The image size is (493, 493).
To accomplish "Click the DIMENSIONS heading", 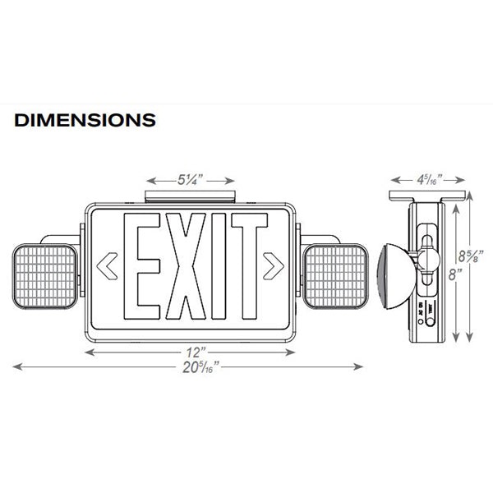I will coord(85,120).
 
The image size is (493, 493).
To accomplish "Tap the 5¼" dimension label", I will coord(190,179).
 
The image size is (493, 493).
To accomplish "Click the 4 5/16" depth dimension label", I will coord(427,178).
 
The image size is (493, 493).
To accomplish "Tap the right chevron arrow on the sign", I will coord(273,265).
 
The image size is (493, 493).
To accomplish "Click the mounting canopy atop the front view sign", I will coord(191,197).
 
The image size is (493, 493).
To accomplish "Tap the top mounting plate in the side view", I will coord(427,197).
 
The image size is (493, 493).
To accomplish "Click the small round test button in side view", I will coord(422,326).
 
